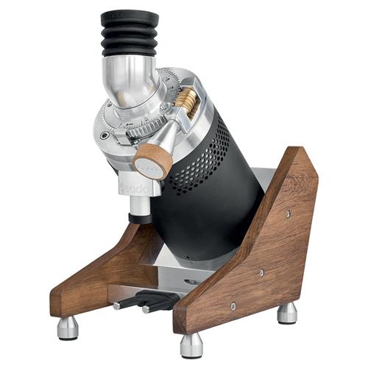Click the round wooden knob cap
tap(153, 161)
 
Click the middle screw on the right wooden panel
tap(261, 273)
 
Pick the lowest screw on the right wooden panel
tap(233, 305)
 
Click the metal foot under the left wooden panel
tap(68, 327)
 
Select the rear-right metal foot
tap(287, 312)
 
